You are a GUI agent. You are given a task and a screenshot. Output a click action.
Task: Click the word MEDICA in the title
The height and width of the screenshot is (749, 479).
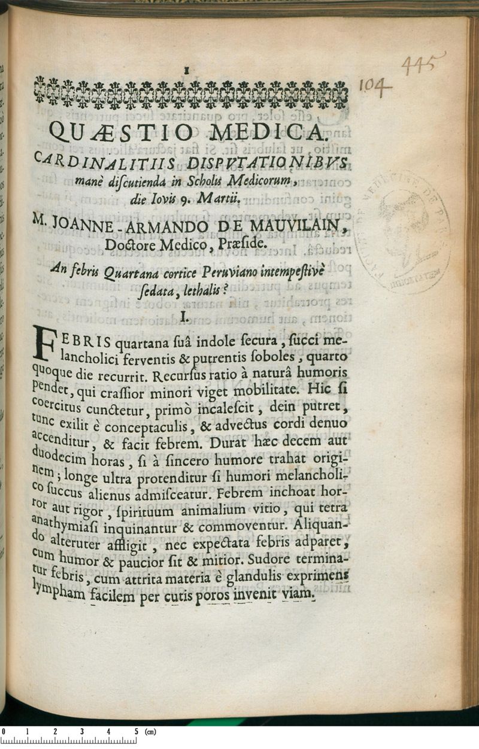point(278,132)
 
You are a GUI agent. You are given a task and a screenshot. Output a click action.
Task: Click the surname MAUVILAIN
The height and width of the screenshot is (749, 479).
point(299,228)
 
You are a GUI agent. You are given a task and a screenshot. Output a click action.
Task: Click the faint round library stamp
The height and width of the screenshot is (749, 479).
point(402,231)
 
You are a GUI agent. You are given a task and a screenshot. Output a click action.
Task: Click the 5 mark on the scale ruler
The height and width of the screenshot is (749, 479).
point(137,732)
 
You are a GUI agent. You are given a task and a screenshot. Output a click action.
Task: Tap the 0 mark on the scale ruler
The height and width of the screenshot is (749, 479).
point(3,732)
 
